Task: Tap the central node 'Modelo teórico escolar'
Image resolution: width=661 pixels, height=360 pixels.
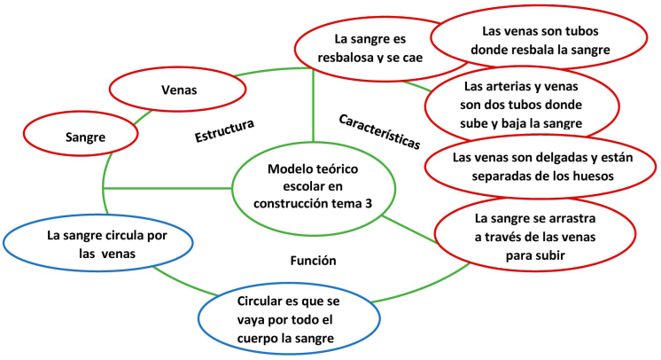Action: pyautogui.click(x=312, y=186)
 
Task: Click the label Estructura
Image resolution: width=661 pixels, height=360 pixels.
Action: pyautogui.click(x=225, y=129)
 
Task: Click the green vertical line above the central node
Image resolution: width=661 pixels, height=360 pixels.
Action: pyautogui.click(x=313, y=106)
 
